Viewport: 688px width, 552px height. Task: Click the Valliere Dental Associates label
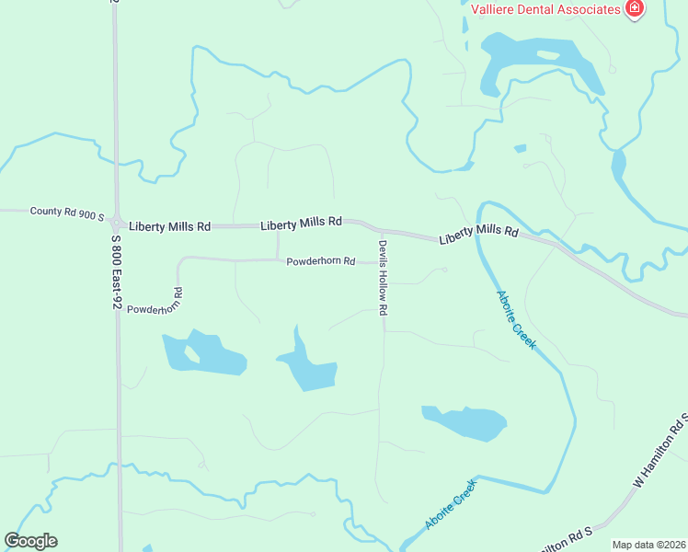pos(546,9)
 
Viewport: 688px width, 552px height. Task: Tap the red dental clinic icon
pos(633,9)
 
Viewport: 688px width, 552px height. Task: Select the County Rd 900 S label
pos(67,212)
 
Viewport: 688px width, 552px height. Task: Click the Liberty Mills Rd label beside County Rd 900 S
pos(170,225)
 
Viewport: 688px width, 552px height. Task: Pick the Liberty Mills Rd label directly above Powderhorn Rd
pos(301,223)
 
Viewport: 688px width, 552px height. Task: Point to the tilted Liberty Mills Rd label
pos(478,235)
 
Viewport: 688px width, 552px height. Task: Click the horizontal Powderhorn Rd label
pos(320,261)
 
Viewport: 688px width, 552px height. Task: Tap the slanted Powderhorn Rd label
pos(155,303)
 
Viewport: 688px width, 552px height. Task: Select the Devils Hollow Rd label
pos(383,278)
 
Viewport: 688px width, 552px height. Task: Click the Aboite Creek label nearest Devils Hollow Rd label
pos(516,319)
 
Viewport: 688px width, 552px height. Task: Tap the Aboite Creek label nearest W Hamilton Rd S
pos(451,505)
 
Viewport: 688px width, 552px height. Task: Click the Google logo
pos(30,541)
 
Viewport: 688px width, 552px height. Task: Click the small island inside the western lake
pos(191,352)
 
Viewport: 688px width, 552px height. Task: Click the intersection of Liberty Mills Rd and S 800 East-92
pos(117,224)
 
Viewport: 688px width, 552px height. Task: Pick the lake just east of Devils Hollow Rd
pos(465,422)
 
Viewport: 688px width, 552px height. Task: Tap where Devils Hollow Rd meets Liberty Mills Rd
pos(379,229)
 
